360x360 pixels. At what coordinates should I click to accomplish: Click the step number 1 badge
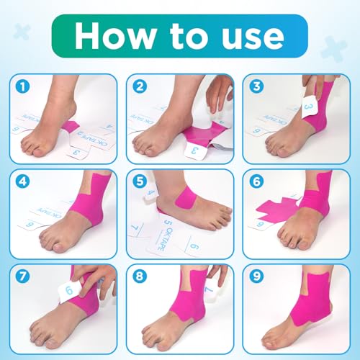tap(25, 87)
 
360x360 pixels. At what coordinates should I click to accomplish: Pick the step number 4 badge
tap(25, 182)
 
